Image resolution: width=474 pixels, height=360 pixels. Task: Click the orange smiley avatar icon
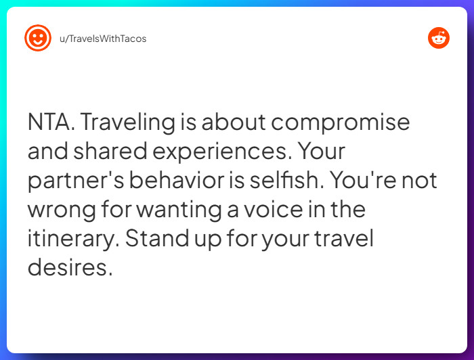point(38,38)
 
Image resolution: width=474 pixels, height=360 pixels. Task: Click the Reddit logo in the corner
point(438,38)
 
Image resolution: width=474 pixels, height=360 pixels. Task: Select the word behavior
point(176,181)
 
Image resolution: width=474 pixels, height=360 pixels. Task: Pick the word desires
point(68,267)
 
